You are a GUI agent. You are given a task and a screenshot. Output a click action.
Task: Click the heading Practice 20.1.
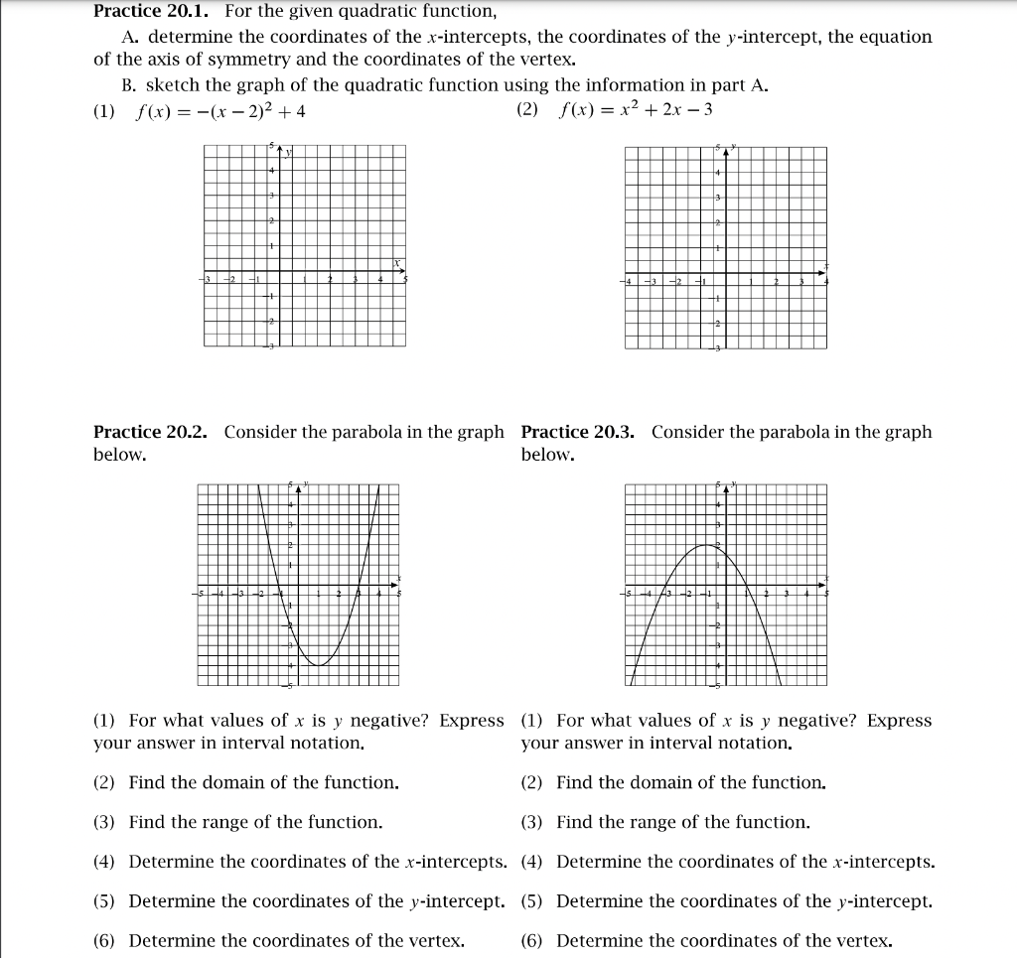click(153, 12)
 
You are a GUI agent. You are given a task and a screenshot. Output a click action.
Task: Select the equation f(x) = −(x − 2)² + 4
click(219, 111)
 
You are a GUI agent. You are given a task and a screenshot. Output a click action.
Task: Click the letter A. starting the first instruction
click(129, 37)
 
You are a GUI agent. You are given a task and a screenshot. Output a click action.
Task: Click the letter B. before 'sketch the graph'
click(129, 85)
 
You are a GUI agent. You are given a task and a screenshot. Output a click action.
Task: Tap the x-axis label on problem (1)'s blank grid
click(395, 262)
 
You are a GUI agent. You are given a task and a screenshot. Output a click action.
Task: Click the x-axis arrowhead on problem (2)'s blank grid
click(821, 272)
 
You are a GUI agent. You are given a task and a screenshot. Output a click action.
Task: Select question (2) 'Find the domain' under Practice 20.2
click(246, 782)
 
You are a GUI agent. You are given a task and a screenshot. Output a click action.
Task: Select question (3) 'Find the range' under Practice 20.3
click(665, 822)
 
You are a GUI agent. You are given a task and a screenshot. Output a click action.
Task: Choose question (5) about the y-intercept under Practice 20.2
click(299, 901)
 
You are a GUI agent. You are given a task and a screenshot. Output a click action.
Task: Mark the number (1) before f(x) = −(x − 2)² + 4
click(104, 111)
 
